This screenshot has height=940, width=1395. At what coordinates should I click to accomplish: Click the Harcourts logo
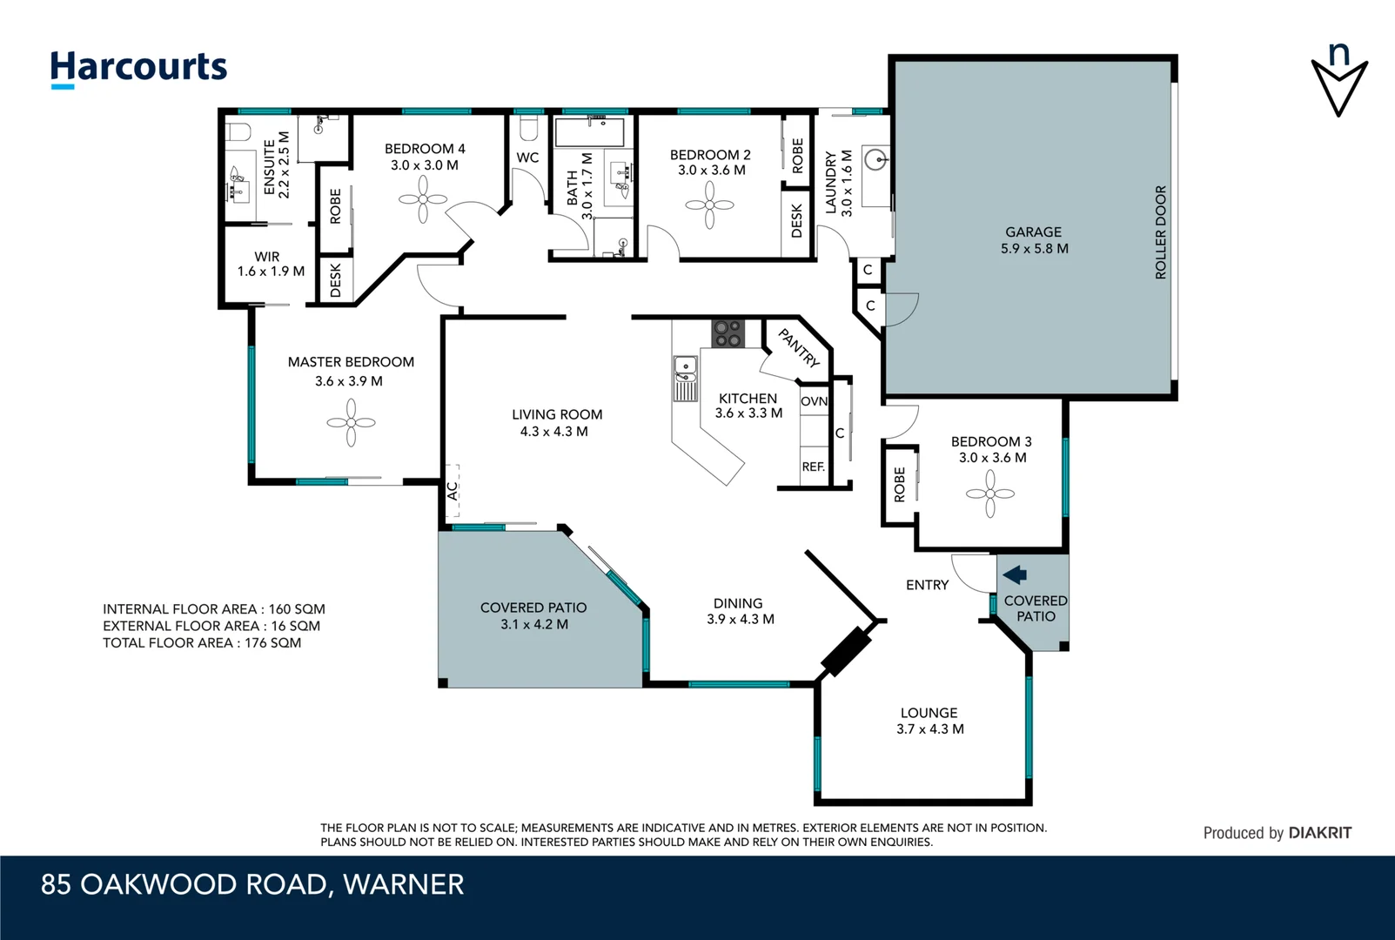pyautogui.click(x=138, y=68)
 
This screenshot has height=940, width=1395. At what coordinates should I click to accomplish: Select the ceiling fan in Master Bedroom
pyautogui.click(x=351, y=423)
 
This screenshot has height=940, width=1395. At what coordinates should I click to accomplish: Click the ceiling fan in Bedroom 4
pyautogui.click(x=423, y=200)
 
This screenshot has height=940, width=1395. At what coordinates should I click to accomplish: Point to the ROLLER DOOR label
pyautogui.click(x=1160, y=232)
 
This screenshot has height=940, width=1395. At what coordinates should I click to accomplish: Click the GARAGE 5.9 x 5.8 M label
pyautogui.click(x=1034, y=240)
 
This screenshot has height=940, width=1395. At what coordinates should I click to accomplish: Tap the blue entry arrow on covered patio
pyautogui.click(x=1015, y=574)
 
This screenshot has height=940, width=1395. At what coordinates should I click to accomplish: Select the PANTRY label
pyautogui.click(x=798, y=347)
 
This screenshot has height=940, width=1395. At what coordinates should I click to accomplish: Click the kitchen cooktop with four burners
pyautogui.click(x=728, y=333)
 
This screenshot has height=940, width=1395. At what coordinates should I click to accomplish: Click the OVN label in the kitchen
pyautogui.click(x=814, y=401)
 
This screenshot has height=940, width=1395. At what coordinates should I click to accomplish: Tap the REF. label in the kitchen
pyautogui.click(x=813, y=467)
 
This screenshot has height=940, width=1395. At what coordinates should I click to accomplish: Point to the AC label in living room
pyautogui.click(x=452, y=491)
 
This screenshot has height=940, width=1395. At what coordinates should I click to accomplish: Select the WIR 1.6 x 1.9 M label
pyautogui.click(x=270, y=264)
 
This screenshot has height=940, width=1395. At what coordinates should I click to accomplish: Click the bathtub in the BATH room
pyautogui.click(x=589, y=133)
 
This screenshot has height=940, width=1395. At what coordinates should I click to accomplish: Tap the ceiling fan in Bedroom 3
pyautogui.click(x=989, y=493)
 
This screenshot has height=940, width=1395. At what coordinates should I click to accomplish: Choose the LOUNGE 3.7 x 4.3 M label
pyautogui.click(x=929, y=721)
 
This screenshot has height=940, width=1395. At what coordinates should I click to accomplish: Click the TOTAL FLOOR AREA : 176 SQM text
pyautogui.click(x=202, y=643)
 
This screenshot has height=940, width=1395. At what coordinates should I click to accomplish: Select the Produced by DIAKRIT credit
pyautogui.click(x=1277, y=833)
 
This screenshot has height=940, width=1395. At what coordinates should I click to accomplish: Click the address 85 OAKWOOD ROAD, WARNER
pyautogui.click(x=252, y=884)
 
